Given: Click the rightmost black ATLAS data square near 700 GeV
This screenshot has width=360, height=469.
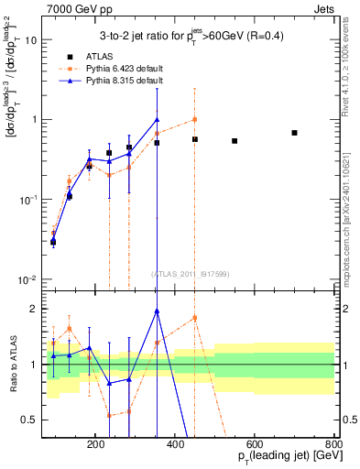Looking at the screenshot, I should pyautogui.click(x=294, y=133).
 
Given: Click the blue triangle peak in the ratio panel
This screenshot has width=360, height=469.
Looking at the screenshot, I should pyautogui.click(x=157, y=311).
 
